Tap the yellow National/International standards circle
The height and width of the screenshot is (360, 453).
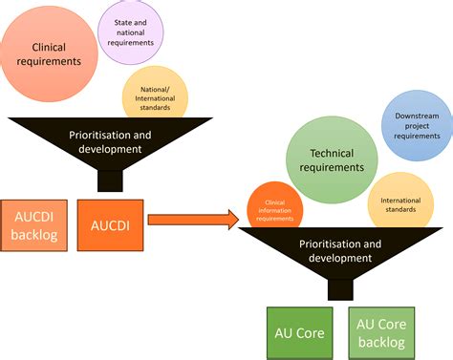coord(155,96)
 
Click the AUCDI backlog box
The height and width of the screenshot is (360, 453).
coord(32,225)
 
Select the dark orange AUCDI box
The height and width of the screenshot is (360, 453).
coord(110,225)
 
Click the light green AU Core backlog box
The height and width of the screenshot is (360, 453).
coord(382,333)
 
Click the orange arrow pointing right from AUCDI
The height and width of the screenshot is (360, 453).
coord(192,221)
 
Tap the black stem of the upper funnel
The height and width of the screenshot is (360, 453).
coord(110,180)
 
